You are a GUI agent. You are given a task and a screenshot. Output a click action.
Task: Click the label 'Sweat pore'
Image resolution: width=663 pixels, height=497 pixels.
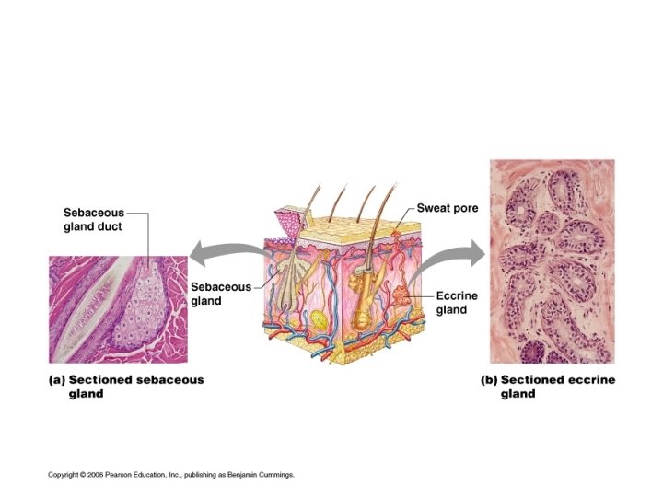click(448, 208)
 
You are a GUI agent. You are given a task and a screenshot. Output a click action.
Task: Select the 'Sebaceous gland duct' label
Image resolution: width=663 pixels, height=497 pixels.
click(93, 219)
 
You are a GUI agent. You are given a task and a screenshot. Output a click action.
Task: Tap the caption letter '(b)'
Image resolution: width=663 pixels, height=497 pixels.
click(489, 379)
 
